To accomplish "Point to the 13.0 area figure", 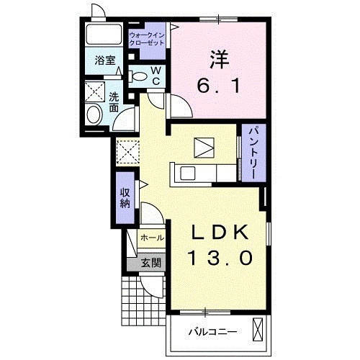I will [x=220, y=258].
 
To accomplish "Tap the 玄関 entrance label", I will [x=150, y=263].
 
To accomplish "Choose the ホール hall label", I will [x=150, y=237].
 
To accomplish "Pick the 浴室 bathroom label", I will [x=106, y=60].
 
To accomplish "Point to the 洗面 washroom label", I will [x=114, y=102].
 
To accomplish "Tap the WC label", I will [x=156, y=76].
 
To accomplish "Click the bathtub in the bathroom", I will [x=104, y=36].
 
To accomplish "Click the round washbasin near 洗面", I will [x=94, y=114].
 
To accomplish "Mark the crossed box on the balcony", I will [x=260, y=330].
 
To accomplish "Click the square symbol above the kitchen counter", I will [x=204, y=148].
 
